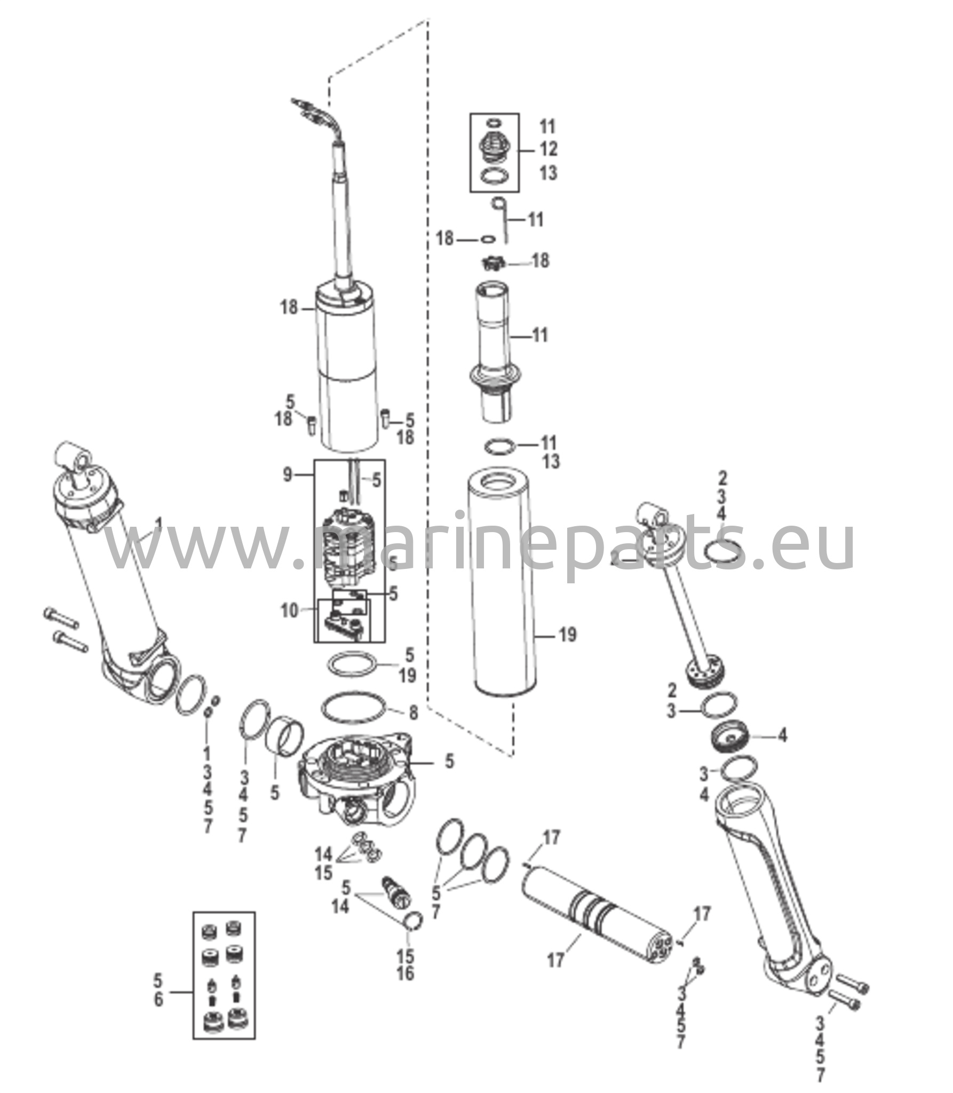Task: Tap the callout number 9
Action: click(287, 474)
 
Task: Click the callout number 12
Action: click(548, 149)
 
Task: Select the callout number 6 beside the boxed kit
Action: click(158, 1000)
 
